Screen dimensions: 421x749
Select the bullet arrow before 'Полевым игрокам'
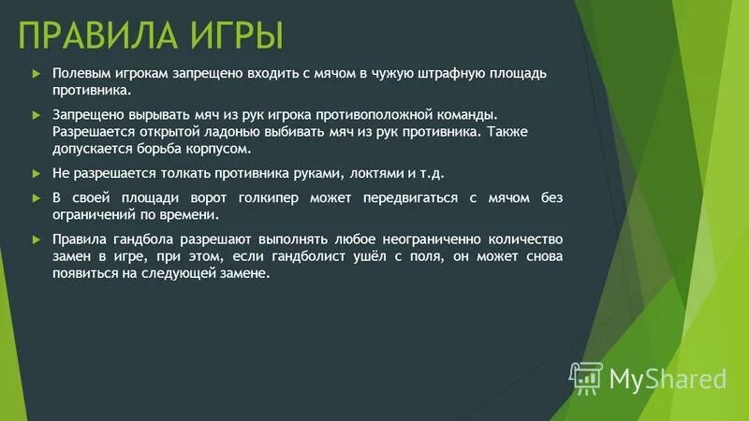35,74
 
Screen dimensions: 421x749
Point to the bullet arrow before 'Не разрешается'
35,174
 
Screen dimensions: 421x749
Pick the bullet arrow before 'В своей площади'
35,197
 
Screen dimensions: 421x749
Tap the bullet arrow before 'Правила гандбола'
35,238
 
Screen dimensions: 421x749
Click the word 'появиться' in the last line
81,273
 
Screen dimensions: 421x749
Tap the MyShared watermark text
668,378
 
